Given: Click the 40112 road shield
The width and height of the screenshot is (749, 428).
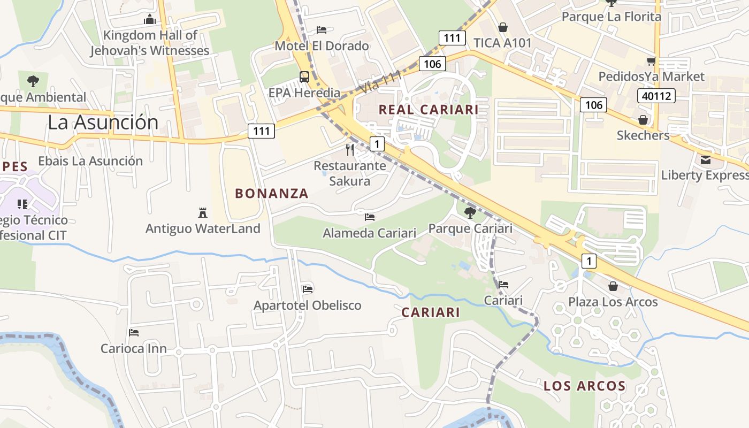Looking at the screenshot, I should (x=656, y=96).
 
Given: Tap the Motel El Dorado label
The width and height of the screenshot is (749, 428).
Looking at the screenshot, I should (x=322, y=46).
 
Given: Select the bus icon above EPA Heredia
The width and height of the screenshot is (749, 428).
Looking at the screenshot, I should (x=304, y=77).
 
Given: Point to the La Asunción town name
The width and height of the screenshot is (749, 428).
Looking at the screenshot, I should (x=103, y=122).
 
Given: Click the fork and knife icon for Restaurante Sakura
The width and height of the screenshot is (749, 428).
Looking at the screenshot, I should (x=350, y=149).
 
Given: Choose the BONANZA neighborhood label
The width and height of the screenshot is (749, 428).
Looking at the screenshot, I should (x=272, y=194).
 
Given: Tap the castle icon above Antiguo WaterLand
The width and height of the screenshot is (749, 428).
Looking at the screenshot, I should (x=203, y=213).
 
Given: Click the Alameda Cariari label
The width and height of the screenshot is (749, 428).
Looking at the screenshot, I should (x=369, y=233).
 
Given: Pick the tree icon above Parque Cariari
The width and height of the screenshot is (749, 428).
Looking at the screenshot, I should (x=470, y=213).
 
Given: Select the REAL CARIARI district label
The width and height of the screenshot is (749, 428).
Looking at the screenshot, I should (x=429, y=110).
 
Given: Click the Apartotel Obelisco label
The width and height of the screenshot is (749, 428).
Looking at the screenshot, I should (x=307, y=305).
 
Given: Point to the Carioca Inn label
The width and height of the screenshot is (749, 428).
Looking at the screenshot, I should (x=134, y=349).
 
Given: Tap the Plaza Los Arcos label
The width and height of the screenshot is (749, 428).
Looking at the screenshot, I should (x=613, y=302).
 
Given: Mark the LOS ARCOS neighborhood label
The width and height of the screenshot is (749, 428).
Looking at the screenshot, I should (x=585, y=386).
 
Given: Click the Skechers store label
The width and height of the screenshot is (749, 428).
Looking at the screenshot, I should (x=643, y=135).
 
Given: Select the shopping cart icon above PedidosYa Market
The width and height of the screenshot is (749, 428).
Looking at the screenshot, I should (x=651, y=61).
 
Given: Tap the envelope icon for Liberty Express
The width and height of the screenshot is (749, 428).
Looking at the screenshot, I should (x=706, y=159).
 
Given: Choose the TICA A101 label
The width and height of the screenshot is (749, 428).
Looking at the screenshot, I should (x=502, y=43).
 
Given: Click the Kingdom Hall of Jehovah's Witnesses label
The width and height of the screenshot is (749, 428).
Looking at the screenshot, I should (x=149, y=43).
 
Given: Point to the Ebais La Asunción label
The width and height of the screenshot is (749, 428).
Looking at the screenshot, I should (x=90, y=161).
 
